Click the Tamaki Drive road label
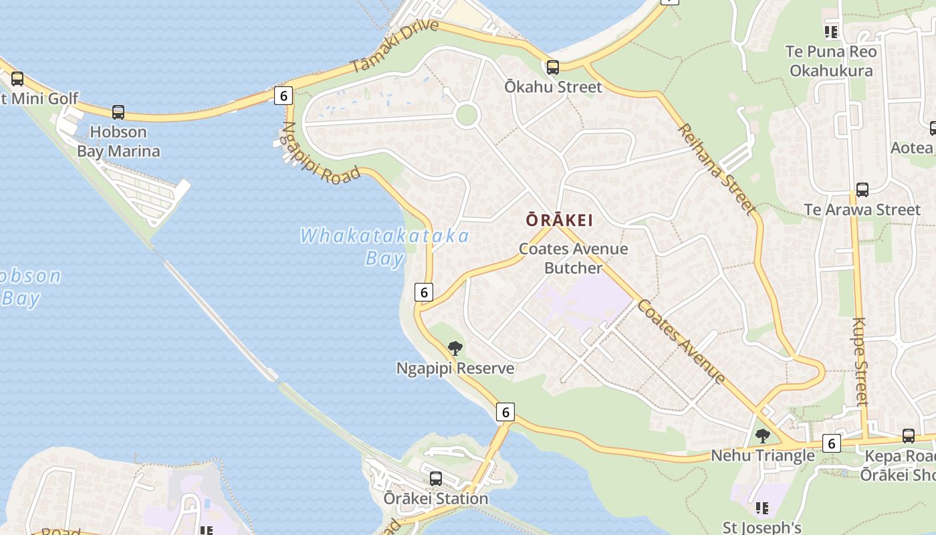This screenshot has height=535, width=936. (395, 46)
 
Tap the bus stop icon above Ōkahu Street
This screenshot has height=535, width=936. (552, 68)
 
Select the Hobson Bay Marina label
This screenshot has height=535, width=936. (118, 141)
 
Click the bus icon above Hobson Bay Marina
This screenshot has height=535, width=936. (118, 112)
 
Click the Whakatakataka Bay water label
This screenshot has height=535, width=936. (384, 246)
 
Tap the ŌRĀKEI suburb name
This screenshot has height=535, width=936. (559, 219)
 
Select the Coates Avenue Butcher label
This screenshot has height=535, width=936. (574, 258)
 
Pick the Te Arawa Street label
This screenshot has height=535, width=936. (862, 209)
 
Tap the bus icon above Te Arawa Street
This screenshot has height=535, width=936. (862, 190)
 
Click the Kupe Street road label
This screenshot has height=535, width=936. (860, 361)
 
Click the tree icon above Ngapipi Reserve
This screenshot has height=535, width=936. (455, 348)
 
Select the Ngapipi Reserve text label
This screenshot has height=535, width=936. (455, 368)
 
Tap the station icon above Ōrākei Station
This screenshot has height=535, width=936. (436, 479)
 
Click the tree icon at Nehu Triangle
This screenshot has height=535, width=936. (762, 436)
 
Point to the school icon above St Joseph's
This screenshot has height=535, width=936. (762, 509)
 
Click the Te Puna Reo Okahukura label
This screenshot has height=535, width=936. (831, 61)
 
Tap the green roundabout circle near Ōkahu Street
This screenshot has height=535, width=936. (467, 115)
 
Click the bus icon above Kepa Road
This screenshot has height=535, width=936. (908, 436)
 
